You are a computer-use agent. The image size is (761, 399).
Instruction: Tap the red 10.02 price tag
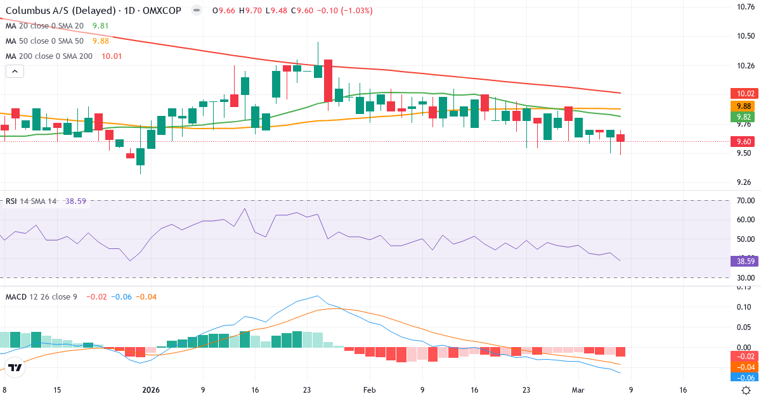(x=741, y=93)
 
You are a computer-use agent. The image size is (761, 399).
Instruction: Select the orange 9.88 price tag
(x=741, y=106)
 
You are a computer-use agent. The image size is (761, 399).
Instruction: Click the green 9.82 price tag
(x=741, y=117)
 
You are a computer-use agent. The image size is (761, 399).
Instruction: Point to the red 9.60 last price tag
(x=741, y=142)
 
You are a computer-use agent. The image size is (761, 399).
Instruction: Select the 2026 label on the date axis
(x=151, y=390)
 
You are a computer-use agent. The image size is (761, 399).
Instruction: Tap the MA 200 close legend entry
(x=49, y=56)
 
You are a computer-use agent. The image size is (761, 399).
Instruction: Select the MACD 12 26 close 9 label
(x=41, y=296)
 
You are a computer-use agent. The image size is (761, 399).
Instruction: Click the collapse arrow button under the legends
(x=15, y=72)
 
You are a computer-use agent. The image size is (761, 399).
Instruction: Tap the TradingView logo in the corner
(x=15, y=367)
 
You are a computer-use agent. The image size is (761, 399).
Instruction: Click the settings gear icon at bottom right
(x=746, y=390)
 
